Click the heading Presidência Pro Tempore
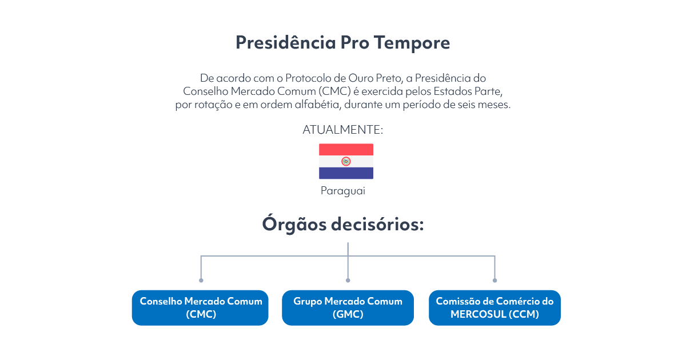tap(342, 42)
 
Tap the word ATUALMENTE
tap(341, 130)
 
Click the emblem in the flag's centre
tap(346, 161)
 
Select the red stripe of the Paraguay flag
tap(346, 150)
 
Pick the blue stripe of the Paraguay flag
tap(346, 173)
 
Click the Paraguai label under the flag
tap(343, 191)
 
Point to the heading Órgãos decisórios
tap(343, 224)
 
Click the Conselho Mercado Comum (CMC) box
tap(200, 307)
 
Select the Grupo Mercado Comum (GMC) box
tap(348, 307)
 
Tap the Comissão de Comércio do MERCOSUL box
tap(494, 307)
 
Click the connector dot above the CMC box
tap(201, 281)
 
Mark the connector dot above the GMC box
tap(348, 281)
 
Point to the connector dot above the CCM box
tap(495, 281)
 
